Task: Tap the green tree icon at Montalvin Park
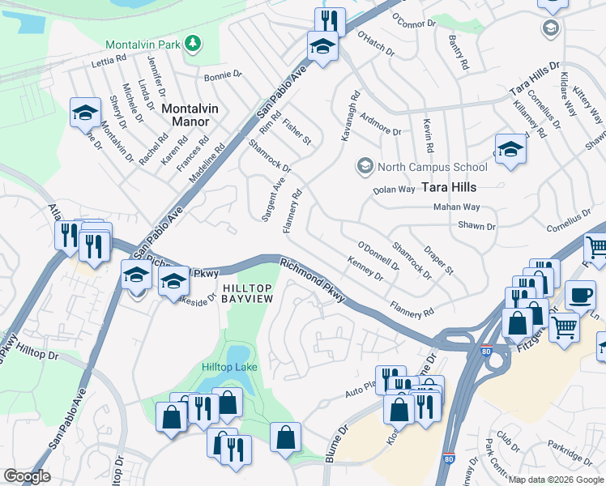pos(193,43)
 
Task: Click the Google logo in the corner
pos(27,476)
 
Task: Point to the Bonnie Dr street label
pos(223,75)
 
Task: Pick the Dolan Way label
pos(394,190)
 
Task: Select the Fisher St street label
pos(297,131)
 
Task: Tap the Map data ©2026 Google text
pos(556,480)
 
